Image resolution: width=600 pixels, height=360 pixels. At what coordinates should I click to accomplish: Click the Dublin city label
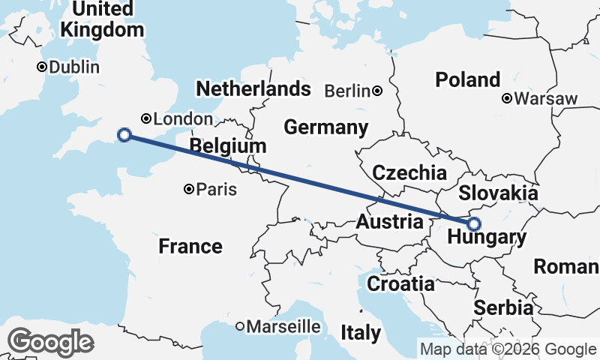click(74, 67)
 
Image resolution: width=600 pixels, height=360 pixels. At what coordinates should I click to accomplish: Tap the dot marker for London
click(146, 118)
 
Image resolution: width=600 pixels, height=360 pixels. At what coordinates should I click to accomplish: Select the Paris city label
click(216, 190)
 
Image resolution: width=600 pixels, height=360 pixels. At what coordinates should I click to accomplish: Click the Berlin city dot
click(377, 91)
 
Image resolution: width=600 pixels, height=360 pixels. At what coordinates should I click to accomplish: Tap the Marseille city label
click(283, 327)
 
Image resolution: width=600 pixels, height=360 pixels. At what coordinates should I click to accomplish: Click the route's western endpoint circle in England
click(124, 135)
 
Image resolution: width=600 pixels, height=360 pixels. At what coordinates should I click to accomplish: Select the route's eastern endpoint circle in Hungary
click(473, 223)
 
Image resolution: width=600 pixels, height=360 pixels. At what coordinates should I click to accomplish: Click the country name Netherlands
click(253, 88)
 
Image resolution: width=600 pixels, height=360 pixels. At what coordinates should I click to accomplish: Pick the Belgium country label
click(228, 145)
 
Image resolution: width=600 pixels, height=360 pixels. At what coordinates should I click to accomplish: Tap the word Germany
click(326, 127)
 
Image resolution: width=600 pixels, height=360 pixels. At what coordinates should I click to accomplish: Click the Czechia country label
click(409, 172)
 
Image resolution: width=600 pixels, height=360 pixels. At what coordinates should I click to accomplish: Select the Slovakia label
click(498, 193)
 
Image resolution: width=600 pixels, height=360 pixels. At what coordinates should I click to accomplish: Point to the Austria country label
click(389, 222)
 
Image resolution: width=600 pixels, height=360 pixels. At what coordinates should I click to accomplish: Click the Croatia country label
click(400, 284)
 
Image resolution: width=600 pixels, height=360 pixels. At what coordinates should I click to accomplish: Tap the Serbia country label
click(504, 307)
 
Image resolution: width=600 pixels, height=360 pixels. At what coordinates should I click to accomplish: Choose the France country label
click(190, 246)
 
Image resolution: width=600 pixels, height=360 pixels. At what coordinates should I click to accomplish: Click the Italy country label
click(361, 332)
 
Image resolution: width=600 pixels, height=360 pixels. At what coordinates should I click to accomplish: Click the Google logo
click(50, 342)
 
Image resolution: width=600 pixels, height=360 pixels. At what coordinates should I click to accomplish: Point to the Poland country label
click(468, 79)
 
